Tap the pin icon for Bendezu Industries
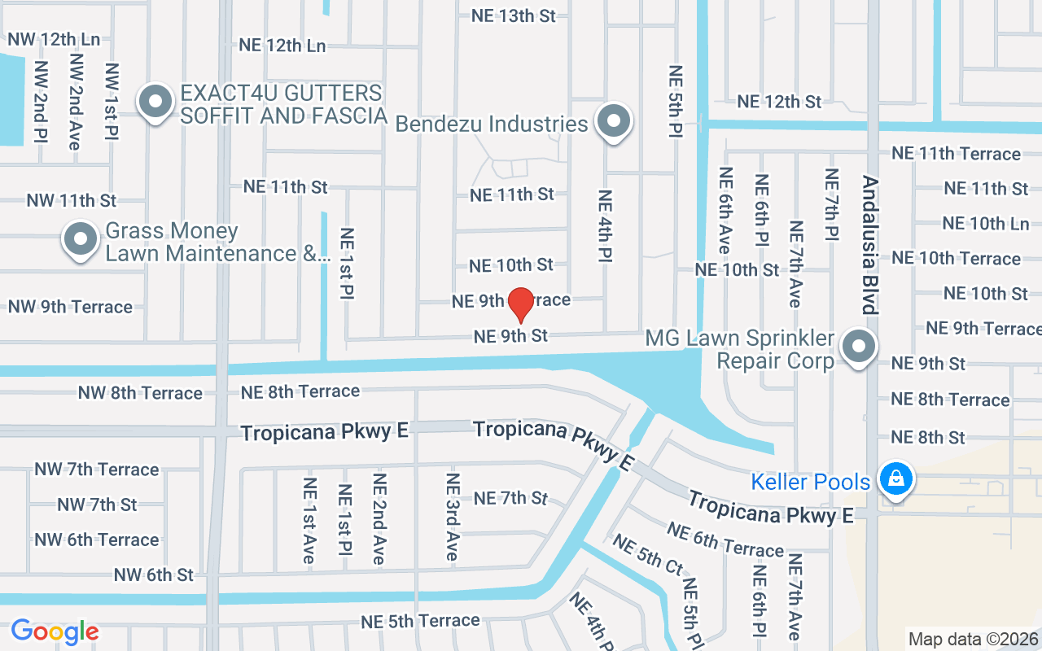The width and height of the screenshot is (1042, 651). click(614, 122)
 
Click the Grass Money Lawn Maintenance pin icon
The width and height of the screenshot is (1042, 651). click(80, 240)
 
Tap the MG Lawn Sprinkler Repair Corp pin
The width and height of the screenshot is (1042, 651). click(857, 347)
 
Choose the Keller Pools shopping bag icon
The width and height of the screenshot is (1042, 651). click(895, 479)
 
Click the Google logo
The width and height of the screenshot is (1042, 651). click(55, 631)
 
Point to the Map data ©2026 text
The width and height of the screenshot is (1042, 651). click(973, 639)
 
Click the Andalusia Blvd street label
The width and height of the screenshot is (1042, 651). click(870, 245)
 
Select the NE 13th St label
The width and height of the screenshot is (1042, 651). click(513, 15)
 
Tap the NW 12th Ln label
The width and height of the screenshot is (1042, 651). click(54, 39)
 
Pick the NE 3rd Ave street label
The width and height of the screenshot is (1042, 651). click(453, 518)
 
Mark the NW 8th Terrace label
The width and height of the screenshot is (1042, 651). click(140, 393)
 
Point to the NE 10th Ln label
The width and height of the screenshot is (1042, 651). click(985, 223)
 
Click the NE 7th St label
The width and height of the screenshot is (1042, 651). click(510, 498)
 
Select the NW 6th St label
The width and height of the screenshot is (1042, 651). click(154, 575)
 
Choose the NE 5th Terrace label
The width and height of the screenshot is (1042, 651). click(420, 621)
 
